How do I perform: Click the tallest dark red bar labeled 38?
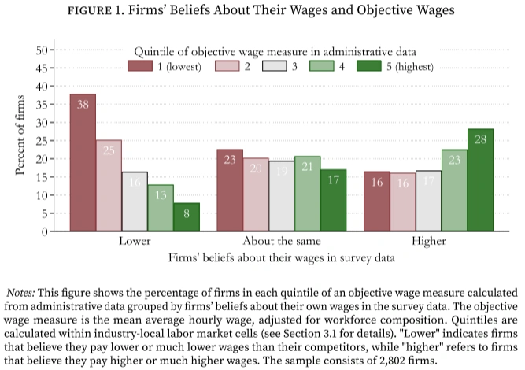pos(83,162)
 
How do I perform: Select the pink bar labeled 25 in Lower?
pos(109,185)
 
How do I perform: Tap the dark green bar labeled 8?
pos(187,216)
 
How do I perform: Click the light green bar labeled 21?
pos(307,193)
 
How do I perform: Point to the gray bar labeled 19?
pos(281,195)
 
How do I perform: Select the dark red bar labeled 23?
pos(230,190)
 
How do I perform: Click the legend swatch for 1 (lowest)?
pos(139,65)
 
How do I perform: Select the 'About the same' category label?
pos(282,242)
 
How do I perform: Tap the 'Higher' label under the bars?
pos(428,242)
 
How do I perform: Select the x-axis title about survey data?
pos(281,257)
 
